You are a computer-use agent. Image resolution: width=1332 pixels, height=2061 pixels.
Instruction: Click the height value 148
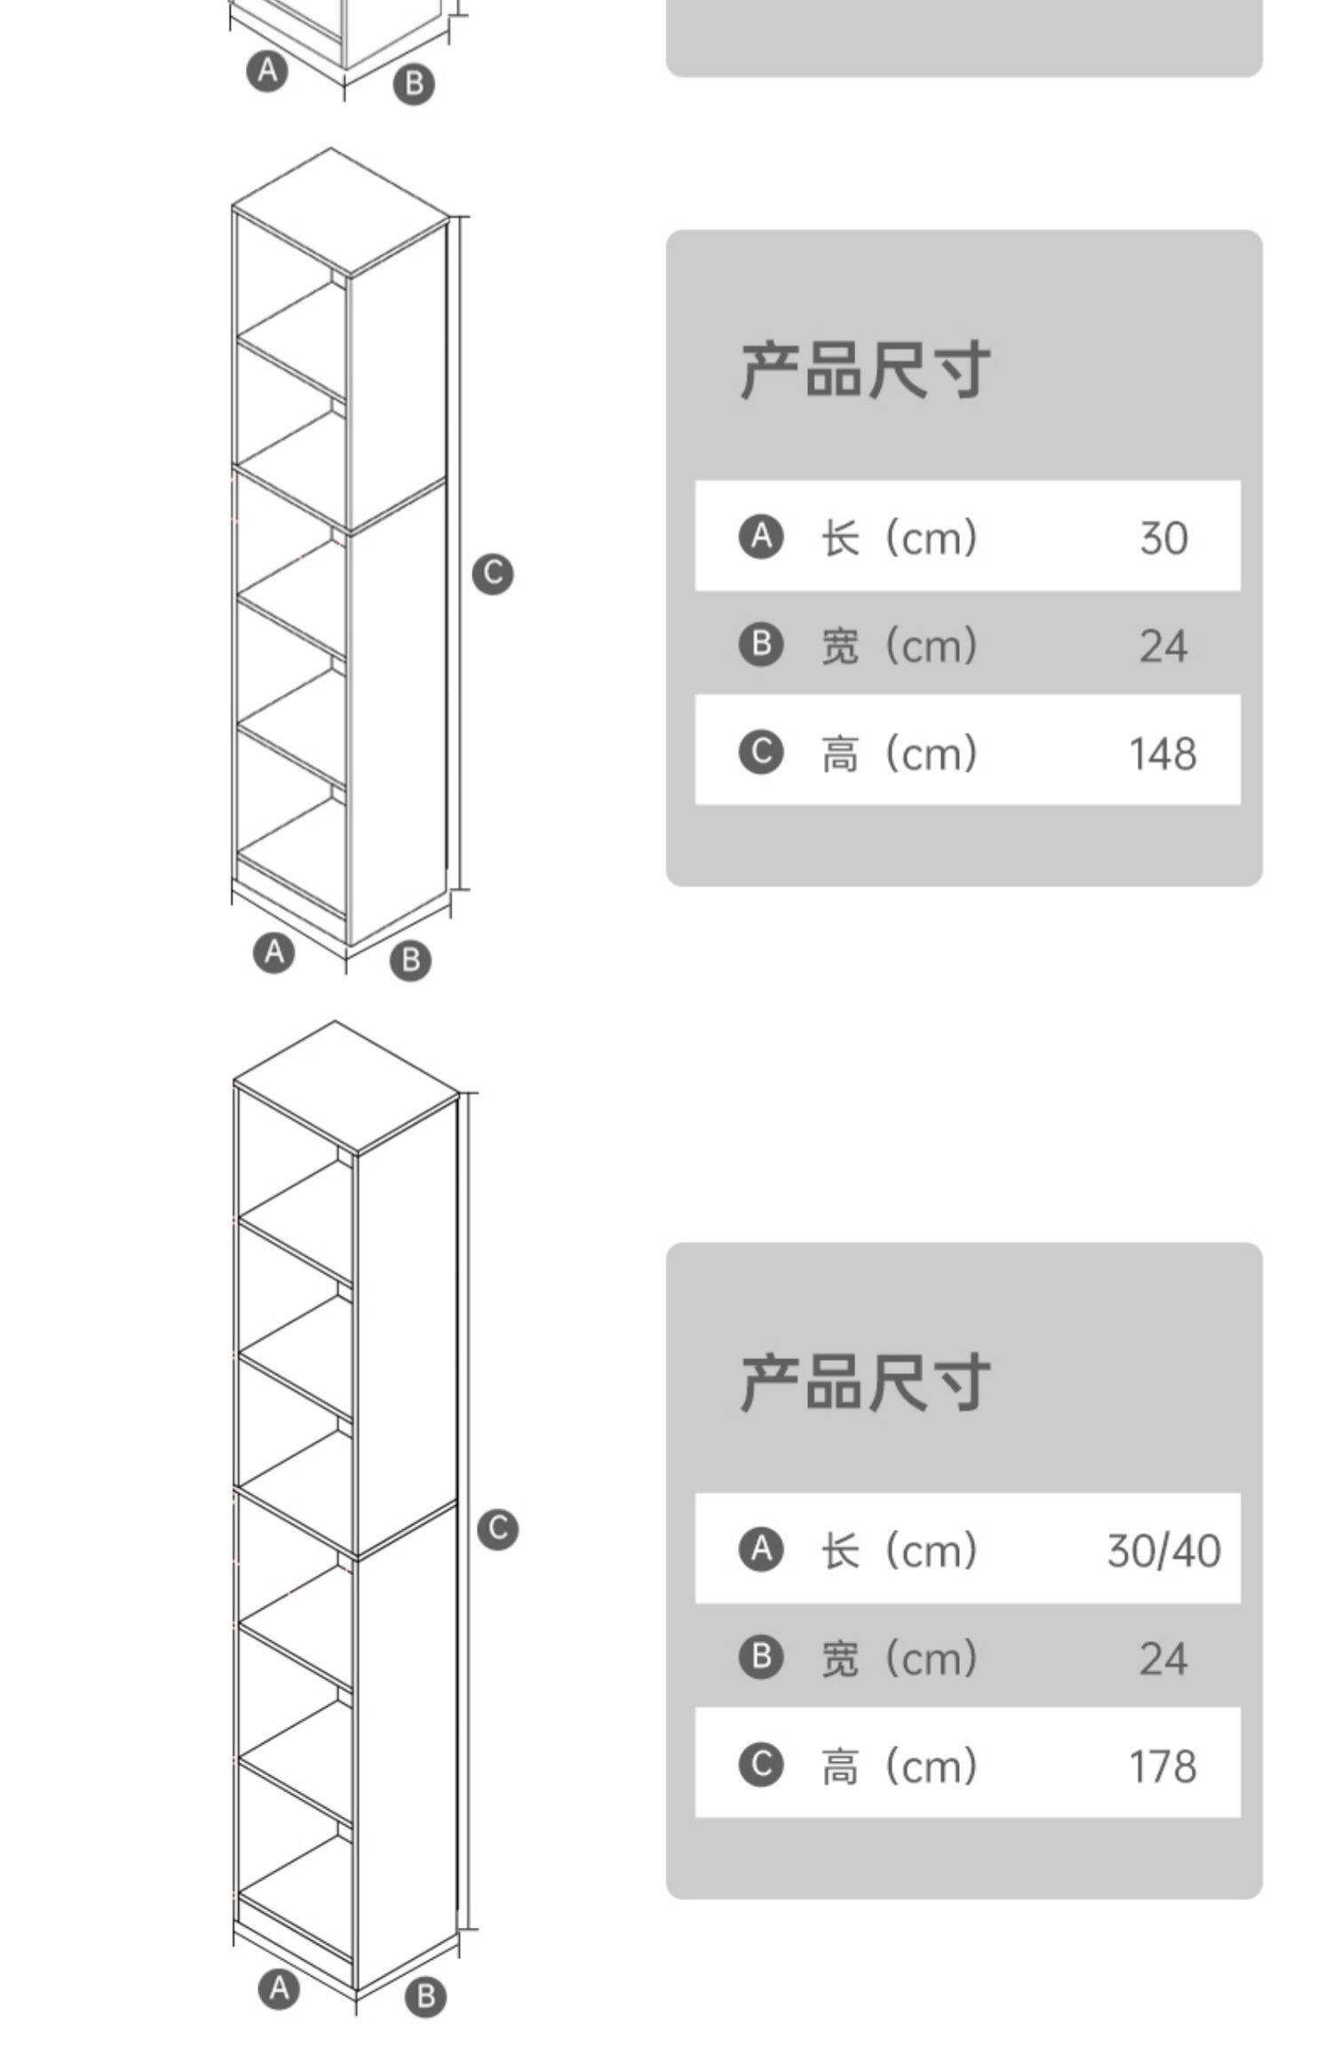pyautogui.click(x=1162, y=754)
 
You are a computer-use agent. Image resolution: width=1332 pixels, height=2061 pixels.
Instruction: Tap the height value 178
pyautogui.click(x=1162, y=1766)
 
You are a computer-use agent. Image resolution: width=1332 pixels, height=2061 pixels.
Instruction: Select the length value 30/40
pyautogui.click(x=1163, y=1551)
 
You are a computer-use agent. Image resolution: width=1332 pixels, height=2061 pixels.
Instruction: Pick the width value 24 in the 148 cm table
pyautogui.click(x=1163, y=645)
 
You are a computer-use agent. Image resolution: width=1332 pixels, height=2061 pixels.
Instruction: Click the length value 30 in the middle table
pyautogui.click(x=1163, y=538)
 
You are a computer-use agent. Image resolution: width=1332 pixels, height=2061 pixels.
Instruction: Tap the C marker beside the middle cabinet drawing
pyautogui.click(x=493, y=573)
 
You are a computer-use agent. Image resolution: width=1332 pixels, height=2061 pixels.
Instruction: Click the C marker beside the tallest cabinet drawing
pyautogui.click(x=497, y=1528)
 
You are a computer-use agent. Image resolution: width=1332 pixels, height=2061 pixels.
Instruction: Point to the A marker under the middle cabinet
pyautogui.click(x=274, y=952)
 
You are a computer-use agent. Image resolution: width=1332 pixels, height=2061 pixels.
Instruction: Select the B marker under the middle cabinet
pyautogui.click(x=410, y=959)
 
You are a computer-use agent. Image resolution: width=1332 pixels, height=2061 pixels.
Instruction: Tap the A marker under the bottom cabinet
pyautogui.click(x=280, y=1988)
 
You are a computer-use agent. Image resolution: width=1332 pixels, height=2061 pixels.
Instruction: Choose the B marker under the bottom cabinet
pyautogui.click(x=425, y=1996)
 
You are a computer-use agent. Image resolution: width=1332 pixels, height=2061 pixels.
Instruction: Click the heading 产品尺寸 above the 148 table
pyautogui.click(x=864, y=369)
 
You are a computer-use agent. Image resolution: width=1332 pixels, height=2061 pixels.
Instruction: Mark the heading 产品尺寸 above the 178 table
pyautogui.click(x=864, y=1382)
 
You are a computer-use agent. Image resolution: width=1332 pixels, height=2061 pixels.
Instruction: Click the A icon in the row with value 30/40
pyautogui.click(x=761, y=1550)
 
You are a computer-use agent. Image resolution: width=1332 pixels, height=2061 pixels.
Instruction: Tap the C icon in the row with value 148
pyautogui.click(x=761, y=753)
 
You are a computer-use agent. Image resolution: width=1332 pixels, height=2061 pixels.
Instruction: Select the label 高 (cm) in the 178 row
pyautogui.click(x=899, y=1766)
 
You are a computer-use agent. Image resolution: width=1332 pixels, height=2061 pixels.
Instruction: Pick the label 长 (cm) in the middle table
pyautogui.click(x=899, y=537)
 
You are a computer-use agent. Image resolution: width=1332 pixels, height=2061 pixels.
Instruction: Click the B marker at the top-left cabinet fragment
pyautogui.click(x=414, y=84)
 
